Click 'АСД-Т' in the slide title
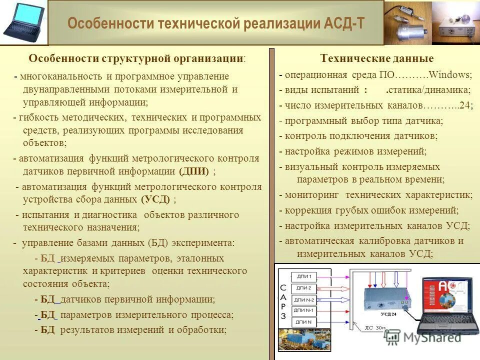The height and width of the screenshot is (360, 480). pyautogui.click(x=342, y=24)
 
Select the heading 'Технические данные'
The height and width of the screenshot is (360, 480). pyautogui.click(x=377, y=58)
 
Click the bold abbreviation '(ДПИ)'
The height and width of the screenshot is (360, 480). pyautogui.click(x=194, y=171)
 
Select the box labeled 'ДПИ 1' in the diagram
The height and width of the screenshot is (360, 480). pyautogui.click(x=304, y=276)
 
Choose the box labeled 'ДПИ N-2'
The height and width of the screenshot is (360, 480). pyautogui.click(x=304, y=299)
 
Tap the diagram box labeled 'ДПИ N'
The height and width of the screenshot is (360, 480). pyautogui.click(x=304, y=321)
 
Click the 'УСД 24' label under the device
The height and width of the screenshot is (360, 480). pyautogui.click(x=388, y=314)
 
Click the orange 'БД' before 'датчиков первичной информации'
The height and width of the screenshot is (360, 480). pyautogui.click(x=47, y=299)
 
